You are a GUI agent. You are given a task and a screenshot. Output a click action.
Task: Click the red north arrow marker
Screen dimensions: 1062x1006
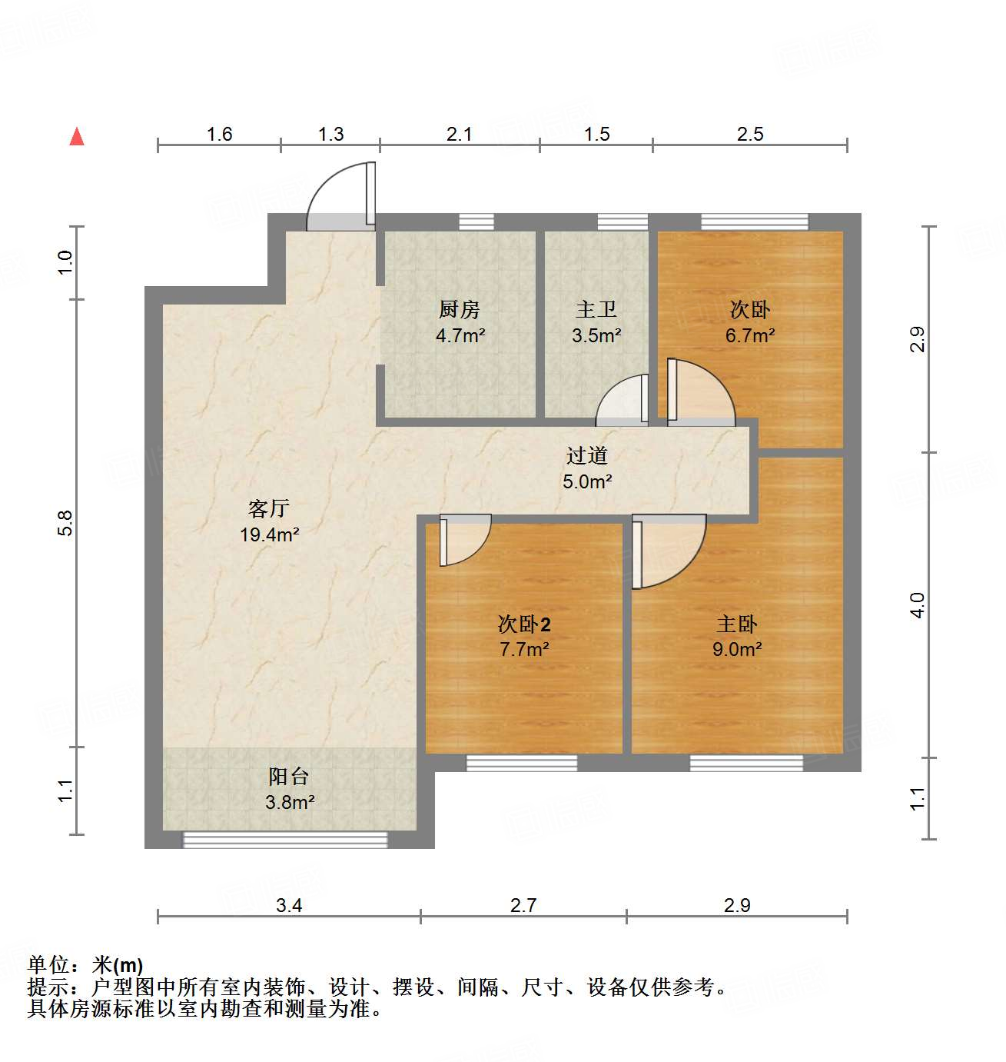(77, 137)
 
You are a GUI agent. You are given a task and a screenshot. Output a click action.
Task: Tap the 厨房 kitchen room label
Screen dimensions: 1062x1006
(460, 310)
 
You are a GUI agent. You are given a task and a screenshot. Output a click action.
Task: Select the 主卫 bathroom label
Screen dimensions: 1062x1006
(596, 310)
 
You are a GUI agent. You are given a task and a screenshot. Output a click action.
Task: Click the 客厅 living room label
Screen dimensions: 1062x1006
(268, 508)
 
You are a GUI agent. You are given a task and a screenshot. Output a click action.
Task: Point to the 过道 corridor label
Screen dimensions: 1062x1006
(587, 456)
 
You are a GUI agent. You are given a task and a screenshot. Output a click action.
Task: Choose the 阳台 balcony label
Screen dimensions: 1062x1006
(289, 777)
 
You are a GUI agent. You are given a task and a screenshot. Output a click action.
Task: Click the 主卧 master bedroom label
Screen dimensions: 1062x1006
(737, 624)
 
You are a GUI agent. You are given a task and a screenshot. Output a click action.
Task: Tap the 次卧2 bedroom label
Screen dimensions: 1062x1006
(524, 624)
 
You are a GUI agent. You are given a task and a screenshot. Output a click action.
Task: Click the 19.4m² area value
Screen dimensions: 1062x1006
(269, 534)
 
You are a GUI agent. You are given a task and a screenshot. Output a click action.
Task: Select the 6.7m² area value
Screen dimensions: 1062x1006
(750, 336)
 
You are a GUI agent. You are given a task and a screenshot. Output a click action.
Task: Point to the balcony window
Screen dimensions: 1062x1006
(285, 840)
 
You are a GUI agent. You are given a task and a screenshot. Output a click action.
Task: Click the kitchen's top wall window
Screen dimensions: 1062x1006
(476, 222)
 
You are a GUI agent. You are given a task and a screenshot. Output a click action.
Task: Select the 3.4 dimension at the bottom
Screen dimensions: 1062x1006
(289, 905)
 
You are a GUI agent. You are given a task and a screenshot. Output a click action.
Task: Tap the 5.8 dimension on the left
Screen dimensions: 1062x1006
(66, 523)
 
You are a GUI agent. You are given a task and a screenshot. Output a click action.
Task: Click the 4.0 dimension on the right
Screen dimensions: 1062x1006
(917, 604)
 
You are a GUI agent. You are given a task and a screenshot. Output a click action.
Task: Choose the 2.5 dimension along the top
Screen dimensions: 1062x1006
(750, 134)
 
